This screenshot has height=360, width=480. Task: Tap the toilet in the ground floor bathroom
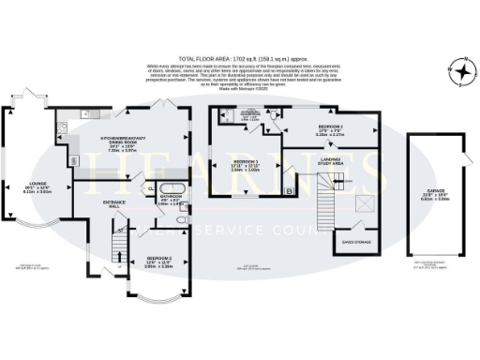tap(185, 207)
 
